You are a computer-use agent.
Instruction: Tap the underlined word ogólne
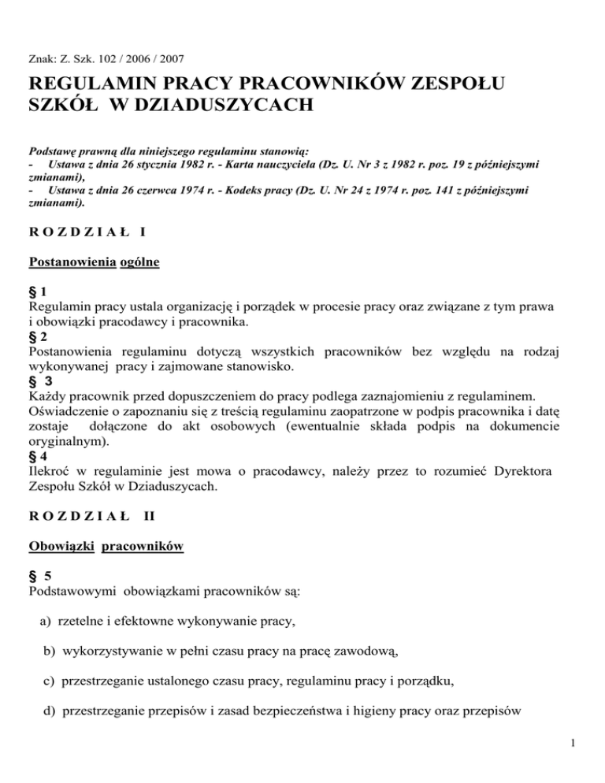point(139,262)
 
